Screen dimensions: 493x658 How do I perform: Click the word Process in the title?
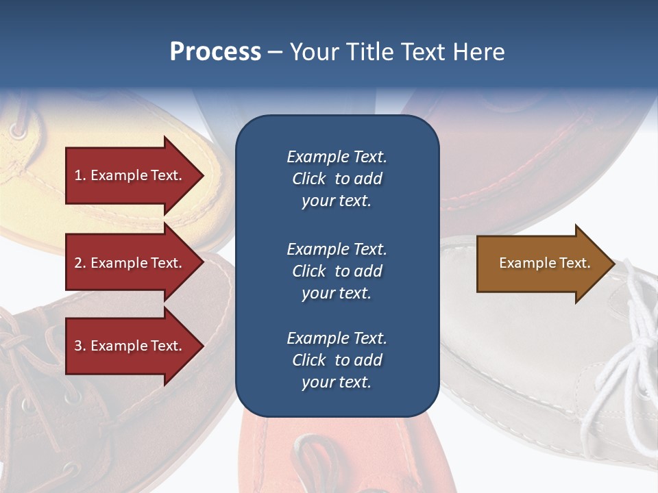click(215, 52)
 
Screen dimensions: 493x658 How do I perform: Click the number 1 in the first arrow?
click(78, 175)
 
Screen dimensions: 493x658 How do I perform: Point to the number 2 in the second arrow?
click(78, 263)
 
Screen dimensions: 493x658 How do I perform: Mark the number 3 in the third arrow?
click(78, 346)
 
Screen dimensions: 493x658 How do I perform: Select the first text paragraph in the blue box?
click(337, 179)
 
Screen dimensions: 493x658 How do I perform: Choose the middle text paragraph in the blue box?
click(337, 271)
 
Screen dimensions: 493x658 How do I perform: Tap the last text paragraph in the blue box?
click(337, 360)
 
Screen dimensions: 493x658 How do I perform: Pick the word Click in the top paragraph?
click(309, 179)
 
